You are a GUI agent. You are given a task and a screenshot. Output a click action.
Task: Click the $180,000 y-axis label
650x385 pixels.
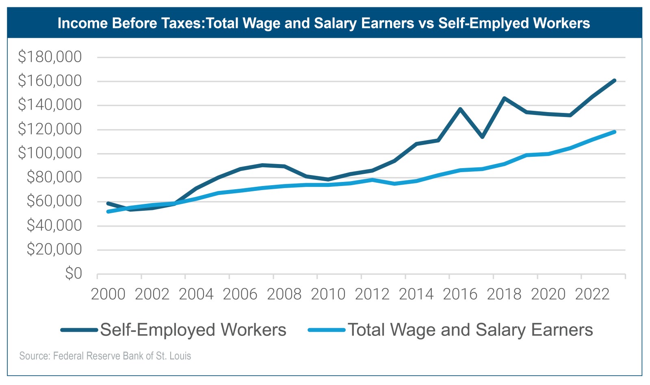tap(50, 57)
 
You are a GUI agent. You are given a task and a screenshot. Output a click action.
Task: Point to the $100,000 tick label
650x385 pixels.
tap(50, 153)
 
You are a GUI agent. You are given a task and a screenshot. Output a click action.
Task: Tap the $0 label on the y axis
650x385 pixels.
tap(73, 273)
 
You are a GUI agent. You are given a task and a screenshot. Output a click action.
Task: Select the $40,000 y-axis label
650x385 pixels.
tap(54, 225)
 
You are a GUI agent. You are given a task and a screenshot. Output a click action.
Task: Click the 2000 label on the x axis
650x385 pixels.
tap(108, 294)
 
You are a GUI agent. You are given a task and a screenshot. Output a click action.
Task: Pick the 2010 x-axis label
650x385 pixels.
tap(328, 294)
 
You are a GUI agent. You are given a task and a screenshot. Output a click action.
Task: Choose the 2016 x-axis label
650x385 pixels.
tap(460, 294)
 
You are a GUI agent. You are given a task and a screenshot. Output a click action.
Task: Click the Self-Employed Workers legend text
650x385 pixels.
tap(193, 330)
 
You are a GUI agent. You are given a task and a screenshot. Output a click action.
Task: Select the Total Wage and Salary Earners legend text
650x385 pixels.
tap(470, 330)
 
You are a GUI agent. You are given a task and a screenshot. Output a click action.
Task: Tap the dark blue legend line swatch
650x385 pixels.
tap(79, 330)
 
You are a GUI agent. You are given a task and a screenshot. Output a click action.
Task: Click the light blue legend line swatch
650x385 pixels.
tap(327, 330)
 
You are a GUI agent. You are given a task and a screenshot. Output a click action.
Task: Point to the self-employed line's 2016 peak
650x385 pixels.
tap(460, 109)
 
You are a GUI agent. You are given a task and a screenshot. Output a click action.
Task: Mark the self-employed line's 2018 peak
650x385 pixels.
tap(504, 98)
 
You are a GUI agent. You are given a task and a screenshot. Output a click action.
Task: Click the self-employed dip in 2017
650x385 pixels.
tap(482, 137)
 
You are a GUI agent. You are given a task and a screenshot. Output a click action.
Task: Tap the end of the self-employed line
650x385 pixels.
tap(614, 80)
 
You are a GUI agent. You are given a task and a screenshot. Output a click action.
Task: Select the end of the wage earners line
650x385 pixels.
tap(614, 132)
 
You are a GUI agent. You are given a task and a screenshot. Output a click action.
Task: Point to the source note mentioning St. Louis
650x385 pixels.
tap(105, 356)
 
